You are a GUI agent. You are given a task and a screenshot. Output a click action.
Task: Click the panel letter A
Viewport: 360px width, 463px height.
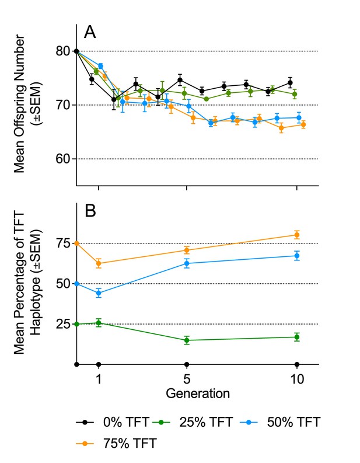90,32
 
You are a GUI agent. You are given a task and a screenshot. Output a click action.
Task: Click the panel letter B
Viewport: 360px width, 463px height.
90,211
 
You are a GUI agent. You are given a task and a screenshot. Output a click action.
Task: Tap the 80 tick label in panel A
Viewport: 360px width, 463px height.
63,51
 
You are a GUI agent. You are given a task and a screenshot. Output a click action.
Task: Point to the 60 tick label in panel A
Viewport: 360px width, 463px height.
63,159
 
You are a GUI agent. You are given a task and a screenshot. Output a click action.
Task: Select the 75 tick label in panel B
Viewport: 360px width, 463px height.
64,243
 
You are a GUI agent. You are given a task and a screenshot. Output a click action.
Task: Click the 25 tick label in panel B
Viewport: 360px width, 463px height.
64,324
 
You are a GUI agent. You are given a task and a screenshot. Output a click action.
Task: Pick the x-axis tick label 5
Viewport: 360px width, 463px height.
187,379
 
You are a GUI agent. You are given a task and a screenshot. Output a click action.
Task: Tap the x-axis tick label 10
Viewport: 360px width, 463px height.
297,379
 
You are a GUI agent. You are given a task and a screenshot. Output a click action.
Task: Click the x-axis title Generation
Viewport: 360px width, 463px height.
198,394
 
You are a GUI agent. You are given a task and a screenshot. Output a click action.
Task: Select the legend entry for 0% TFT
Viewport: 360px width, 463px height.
112,422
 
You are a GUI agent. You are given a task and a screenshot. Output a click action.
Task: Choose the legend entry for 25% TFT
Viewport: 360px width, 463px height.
193,422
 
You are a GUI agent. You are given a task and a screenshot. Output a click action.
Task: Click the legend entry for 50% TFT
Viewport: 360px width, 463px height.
280,422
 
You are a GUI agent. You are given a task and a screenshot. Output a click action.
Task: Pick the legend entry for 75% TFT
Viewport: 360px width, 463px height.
116,443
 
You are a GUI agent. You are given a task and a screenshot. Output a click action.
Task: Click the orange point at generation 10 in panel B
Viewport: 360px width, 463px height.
297,235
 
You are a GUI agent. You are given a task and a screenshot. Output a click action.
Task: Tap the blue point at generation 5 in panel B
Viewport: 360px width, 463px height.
187,263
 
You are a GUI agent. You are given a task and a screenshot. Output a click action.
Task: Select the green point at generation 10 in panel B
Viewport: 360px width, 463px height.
297,337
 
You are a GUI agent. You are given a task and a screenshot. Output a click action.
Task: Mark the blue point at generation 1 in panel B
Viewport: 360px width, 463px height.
99,293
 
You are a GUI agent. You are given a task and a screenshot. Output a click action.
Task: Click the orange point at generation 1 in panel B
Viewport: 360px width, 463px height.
99,263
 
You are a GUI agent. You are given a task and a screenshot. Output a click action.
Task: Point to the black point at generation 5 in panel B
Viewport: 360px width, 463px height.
187,364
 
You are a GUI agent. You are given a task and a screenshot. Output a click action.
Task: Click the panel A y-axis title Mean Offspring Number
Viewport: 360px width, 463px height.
19,104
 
